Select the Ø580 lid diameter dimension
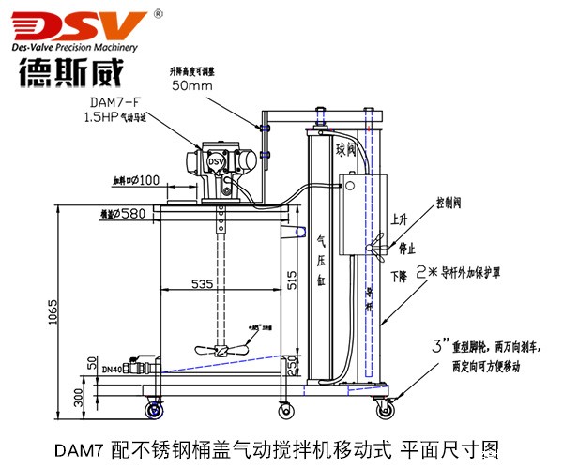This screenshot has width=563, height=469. pos(133,214)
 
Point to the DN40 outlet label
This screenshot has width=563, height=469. pos(111,370)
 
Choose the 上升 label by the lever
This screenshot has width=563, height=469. pos(400,222)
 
